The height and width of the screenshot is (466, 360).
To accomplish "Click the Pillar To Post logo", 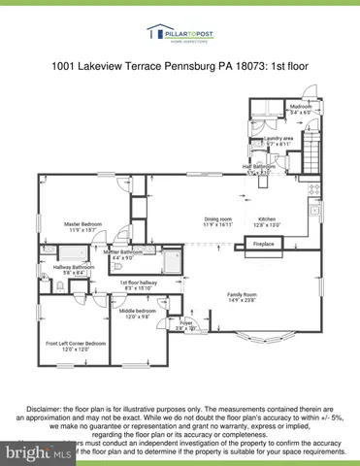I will pyautogui.click(x=180, y=35).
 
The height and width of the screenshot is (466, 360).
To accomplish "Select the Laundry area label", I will pyautogui.click(x=280, y=140).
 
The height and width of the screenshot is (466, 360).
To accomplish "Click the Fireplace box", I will pyautogui.click(x=264, y=244).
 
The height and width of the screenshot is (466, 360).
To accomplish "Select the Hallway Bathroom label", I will pyautogui.click(x=74, y=270).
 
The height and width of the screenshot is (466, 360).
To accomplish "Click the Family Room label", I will pyautogui.click(x=244, y=296).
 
